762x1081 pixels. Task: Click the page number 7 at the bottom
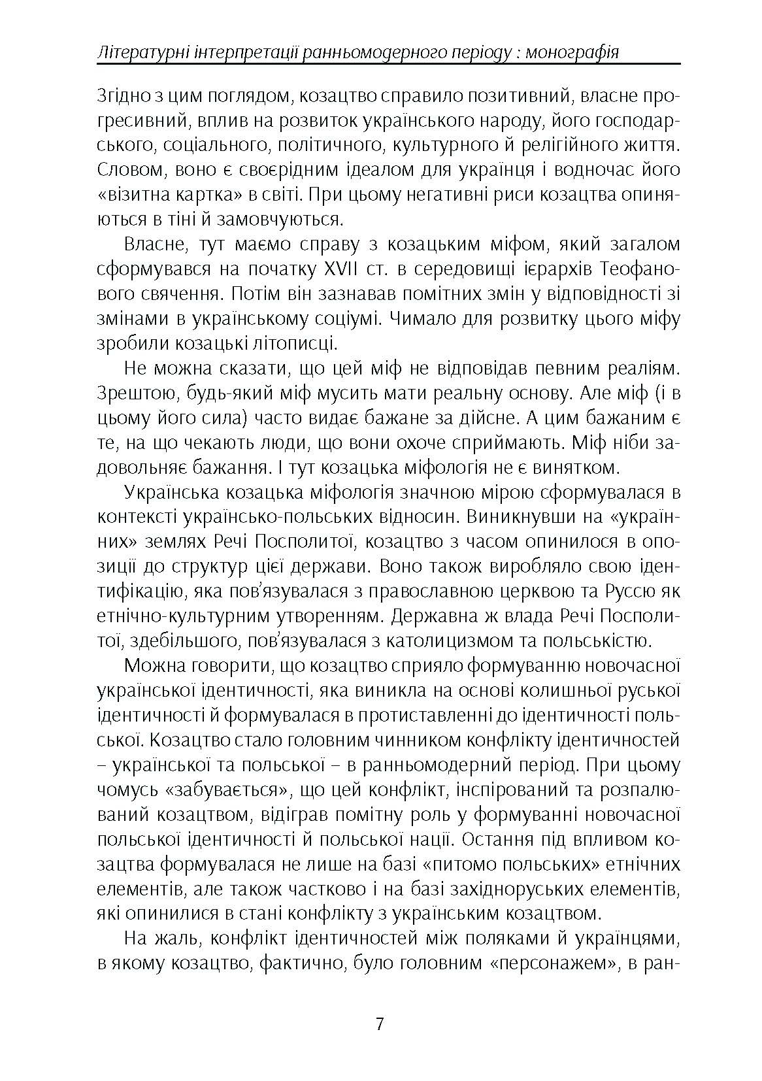coord(380,1023)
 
